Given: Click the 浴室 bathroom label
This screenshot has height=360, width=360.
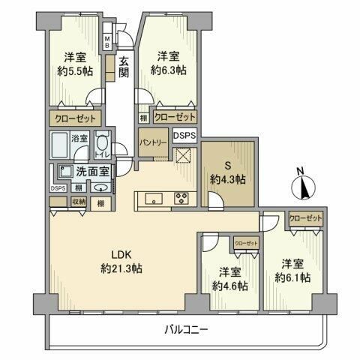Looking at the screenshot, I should pos(79,139).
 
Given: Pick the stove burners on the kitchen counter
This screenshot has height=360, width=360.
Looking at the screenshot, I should pos(182,199).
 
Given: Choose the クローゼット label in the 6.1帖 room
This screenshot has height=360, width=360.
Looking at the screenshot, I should pos(305,217).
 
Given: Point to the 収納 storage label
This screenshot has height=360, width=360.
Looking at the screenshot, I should pos(79,202).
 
